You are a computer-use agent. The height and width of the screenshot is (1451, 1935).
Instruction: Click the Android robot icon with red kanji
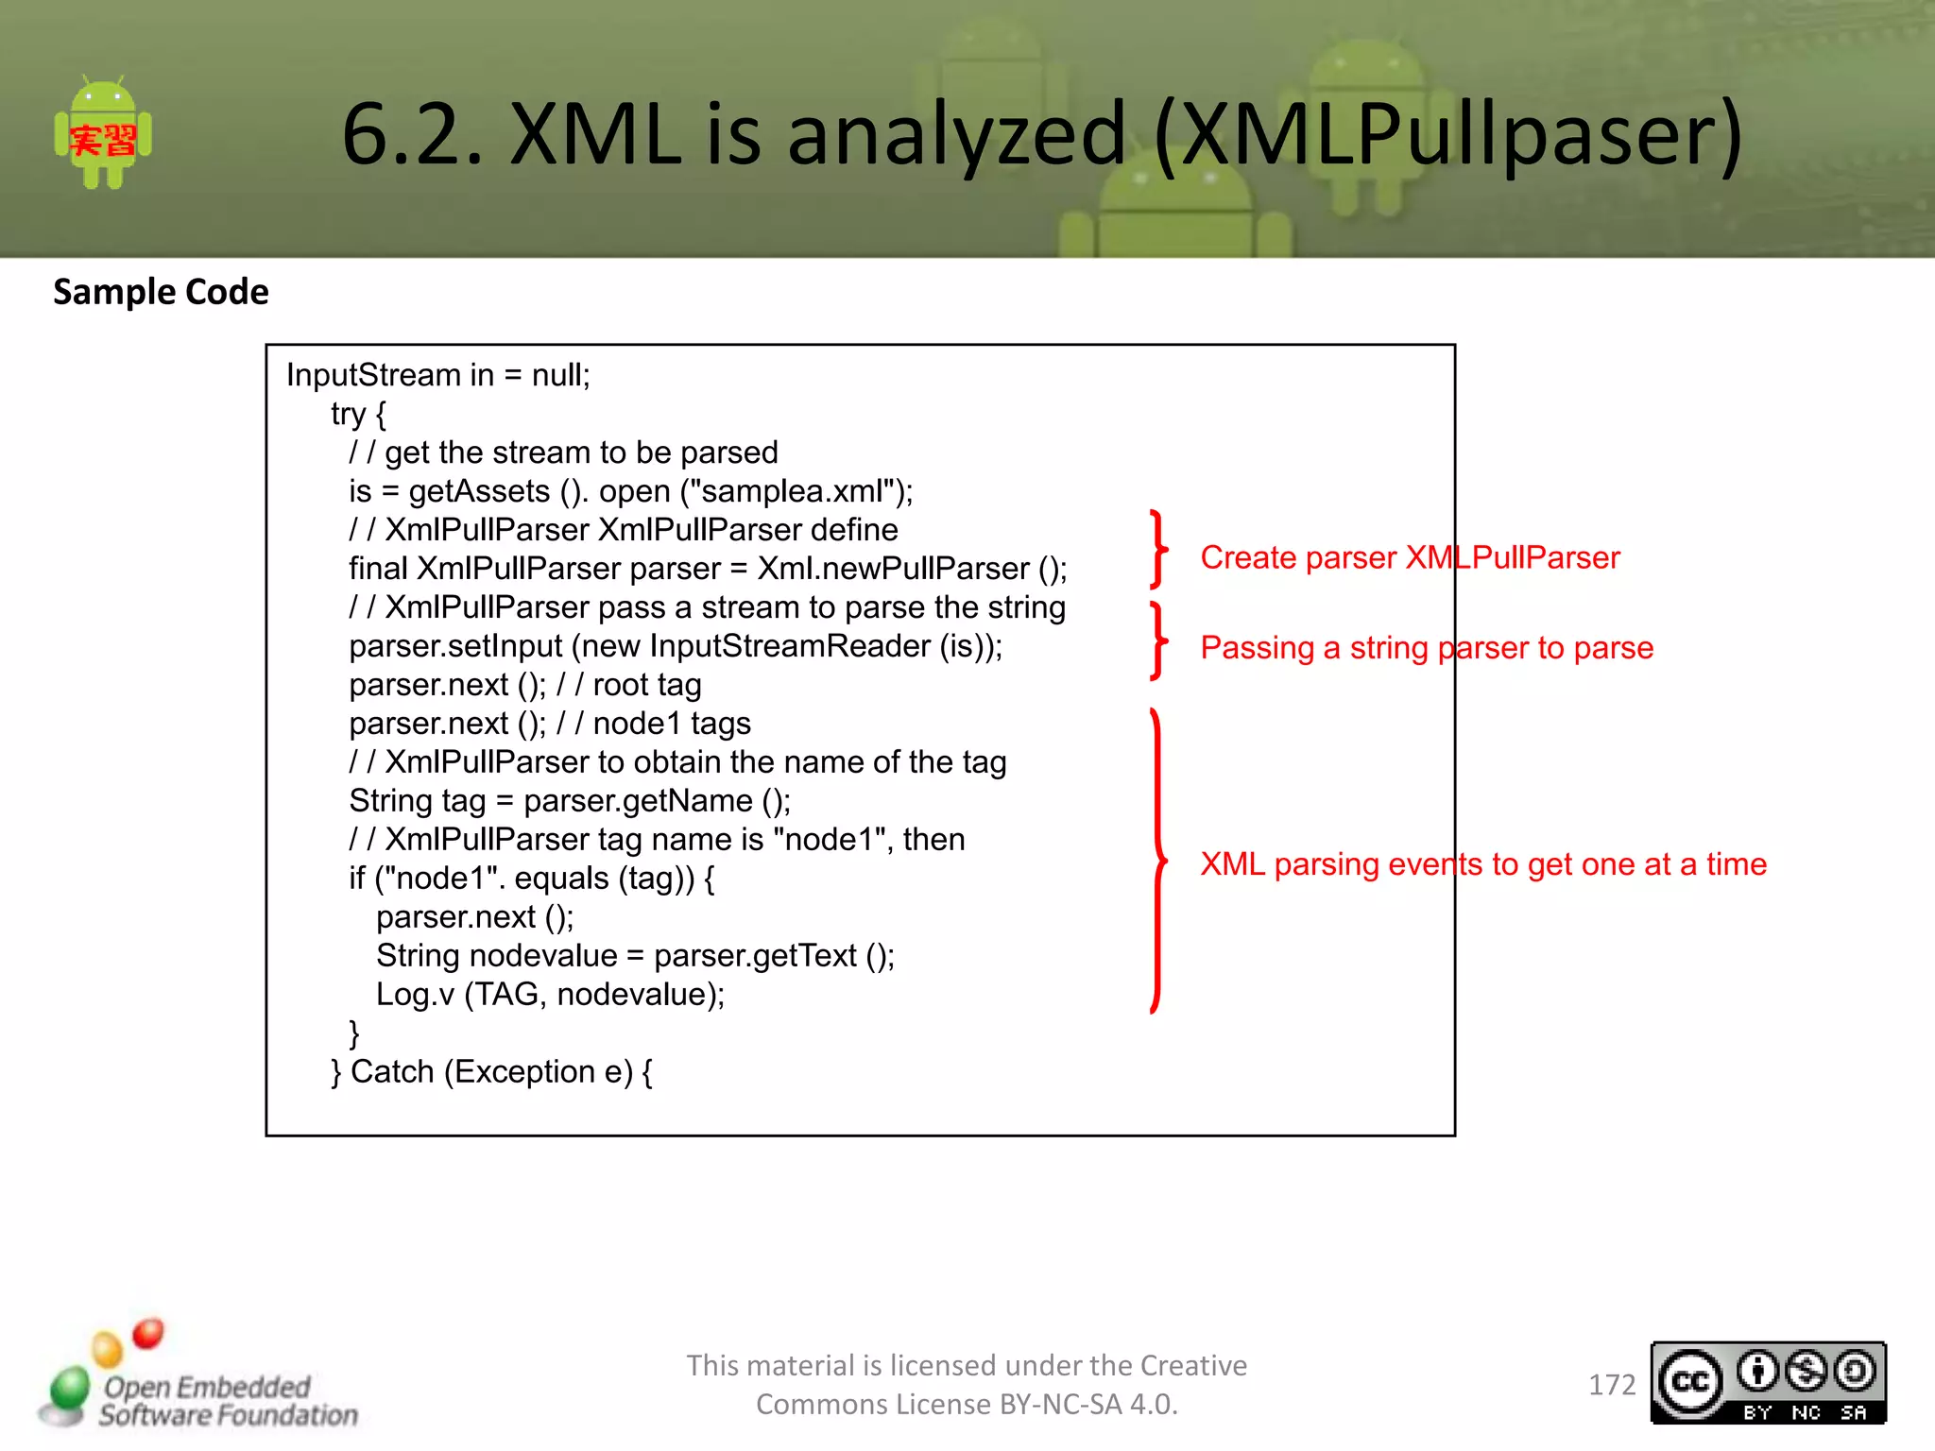click(103, 133)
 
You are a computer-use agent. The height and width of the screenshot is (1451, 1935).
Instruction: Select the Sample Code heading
click(161, 292)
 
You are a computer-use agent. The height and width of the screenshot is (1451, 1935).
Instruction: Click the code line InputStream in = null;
click(437, 375)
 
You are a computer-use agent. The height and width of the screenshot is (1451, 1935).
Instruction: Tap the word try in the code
click(348, 414)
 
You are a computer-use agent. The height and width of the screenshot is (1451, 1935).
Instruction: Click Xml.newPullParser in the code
click(893, 569)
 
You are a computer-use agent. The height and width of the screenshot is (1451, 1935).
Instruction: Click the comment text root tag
click(646, 685)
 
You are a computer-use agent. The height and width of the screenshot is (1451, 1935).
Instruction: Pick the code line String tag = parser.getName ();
click(569, 801)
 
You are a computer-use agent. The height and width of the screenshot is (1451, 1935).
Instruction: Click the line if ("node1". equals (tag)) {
click(531, 879)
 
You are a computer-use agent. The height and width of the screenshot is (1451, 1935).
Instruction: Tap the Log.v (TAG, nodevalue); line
click(550, 995)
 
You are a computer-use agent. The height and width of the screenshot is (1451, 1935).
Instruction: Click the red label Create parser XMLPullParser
click(1410, 557)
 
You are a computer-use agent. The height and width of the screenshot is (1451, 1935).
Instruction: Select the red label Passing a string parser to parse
click(1427, 648)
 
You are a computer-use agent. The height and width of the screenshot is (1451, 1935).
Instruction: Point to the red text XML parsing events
click(1342, 864)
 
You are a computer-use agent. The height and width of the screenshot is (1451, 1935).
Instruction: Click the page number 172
click(1611, 1385)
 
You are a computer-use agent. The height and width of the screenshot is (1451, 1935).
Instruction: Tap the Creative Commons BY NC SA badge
click(1768, 1383)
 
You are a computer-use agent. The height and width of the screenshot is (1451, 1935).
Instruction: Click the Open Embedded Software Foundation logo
click(199, 1379)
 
